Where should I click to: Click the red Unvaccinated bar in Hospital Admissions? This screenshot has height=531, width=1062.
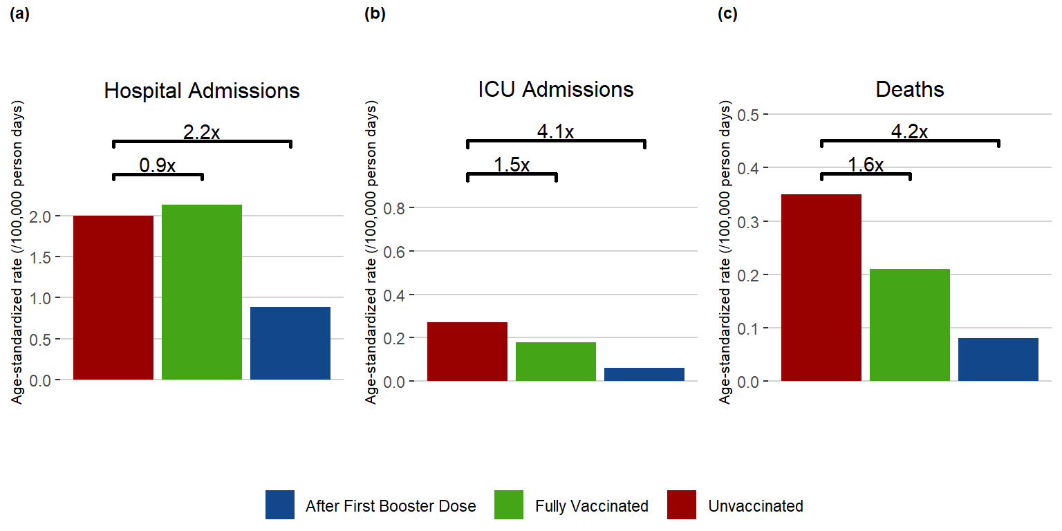113,297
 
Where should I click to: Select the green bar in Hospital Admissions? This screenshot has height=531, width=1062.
202,292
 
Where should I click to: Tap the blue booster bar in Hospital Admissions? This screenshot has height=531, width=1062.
290,343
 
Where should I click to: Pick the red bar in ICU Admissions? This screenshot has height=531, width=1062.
467,351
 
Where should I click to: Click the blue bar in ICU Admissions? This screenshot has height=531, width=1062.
644,374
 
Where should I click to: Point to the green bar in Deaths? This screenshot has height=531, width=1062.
910,325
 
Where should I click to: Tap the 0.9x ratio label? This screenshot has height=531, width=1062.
158,165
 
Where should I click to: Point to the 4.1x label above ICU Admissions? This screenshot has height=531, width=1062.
555,131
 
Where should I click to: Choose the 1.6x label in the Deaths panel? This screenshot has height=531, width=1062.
866,165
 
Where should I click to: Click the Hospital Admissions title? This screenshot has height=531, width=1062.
202,91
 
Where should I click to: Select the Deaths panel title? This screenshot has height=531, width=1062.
910,90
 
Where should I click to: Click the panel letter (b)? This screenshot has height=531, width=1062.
375,15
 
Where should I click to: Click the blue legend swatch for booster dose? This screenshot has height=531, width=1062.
280,505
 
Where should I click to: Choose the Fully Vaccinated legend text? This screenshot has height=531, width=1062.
592,506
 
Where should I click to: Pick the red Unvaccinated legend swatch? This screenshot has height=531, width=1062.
682,505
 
